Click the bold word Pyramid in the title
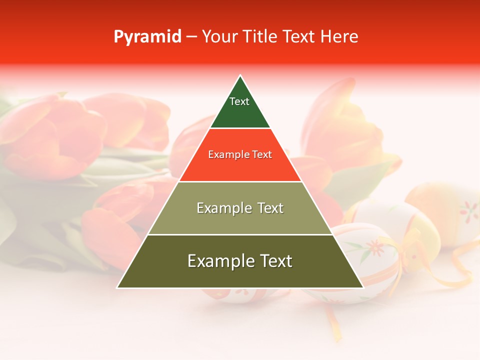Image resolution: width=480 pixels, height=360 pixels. coord(147,36)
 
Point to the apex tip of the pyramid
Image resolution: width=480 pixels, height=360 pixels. coord(240,76)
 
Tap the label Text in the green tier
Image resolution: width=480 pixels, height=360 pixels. coord(239,101)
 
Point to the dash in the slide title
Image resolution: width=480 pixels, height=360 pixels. coord(191,37)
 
